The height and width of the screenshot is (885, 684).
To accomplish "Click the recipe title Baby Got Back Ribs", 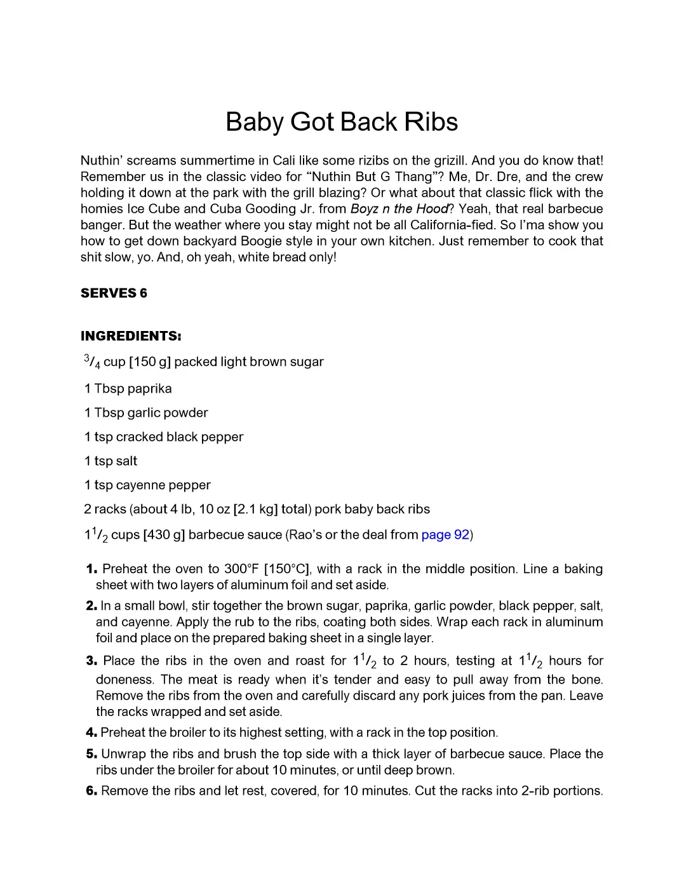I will tap(342, 122).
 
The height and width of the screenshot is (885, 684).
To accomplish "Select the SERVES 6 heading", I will tap(114, 293).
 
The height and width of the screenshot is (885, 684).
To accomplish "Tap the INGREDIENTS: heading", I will tap(131, 336).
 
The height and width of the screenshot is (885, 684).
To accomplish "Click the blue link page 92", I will tap(445, 535).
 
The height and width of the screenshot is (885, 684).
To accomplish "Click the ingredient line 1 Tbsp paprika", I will tap(128, 389).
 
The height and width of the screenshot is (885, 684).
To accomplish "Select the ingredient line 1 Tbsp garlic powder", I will tap(146, 413).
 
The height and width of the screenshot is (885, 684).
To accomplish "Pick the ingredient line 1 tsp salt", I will tap(111, 461).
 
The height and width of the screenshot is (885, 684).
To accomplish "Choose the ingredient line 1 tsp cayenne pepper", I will tap(147, 485).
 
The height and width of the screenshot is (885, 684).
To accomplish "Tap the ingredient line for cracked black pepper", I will tap(164, 437).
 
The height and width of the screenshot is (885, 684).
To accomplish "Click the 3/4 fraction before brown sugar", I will tap(92, 361).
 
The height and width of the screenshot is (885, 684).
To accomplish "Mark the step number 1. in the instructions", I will tap(91, 569).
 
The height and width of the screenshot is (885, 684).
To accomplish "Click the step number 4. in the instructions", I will tap(91, 733).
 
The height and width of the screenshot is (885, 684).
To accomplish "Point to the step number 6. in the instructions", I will tap(91, 791).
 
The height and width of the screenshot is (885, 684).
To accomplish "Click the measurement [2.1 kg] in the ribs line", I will tap(255, 510).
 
